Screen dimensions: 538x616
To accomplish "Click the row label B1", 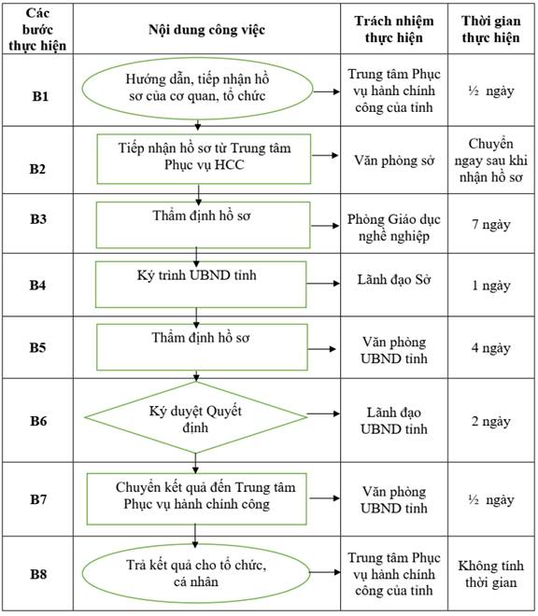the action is (x=40, y=96).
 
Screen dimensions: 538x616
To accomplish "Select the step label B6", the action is (x=38, y=421).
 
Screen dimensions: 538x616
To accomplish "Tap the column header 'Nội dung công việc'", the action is (x=206, y=30).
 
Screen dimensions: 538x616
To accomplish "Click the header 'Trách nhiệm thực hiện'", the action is (x=394, y=29).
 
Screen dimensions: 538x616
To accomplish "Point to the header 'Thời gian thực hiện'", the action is (x=490, y=29).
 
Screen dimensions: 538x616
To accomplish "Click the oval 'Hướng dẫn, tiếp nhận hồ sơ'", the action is (x=197, y=89).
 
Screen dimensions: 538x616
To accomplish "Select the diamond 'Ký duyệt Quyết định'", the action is (x=196, y=417).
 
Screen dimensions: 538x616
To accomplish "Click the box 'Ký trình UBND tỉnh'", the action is (x=201, y=285).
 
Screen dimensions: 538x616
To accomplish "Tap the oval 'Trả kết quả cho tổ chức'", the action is (x=196, y=573).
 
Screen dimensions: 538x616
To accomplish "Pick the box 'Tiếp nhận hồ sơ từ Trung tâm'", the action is (x=204, y=159).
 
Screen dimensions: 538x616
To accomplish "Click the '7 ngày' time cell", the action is (x=490, y=224).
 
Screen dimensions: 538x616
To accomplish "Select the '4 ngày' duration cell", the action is (x=490, y=348).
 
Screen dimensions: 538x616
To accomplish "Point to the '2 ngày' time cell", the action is (x=490, y=421).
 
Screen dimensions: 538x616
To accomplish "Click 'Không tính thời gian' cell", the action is (x=490, y=574).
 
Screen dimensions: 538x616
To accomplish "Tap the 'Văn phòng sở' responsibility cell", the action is (x=394, y=161).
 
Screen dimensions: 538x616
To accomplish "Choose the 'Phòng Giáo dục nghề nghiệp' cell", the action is (x=393, y=228).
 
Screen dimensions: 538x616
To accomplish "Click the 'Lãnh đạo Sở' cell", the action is (x=394, y=280).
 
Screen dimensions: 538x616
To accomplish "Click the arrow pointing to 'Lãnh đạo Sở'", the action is (x=323, y=283).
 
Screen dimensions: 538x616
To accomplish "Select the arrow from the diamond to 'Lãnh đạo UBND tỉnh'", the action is (x=323, y=413).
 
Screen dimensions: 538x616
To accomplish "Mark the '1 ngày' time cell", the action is (x=490, y=286).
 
